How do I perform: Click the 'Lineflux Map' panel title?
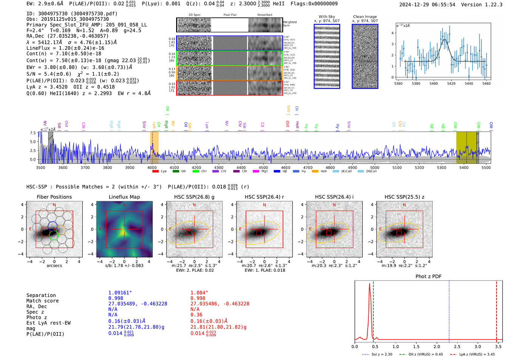(124, 197)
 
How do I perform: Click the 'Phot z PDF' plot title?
(428, 277)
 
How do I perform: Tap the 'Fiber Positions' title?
(54, 197)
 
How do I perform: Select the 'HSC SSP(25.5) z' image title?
(404, 197)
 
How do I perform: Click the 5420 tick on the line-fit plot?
(451, 83)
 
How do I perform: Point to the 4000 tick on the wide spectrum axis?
(152, 167)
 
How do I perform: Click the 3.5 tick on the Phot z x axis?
(498, 346)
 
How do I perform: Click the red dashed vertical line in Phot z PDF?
(497, 310)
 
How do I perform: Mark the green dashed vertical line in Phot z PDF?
(373, 310)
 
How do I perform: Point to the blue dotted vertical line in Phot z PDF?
(449, 310)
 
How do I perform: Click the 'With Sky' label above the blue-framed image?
(327, 17)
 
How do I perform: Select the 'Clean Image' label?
(365, 17)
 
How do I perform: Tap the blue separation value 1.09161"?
(120, 293)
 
